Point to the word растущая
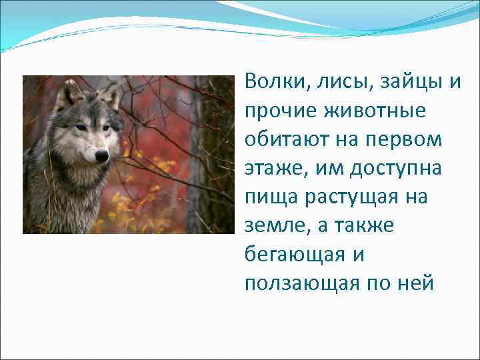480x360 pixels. [x=351, y=197]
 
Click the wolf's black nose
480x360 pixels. [x=101, y=155]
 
